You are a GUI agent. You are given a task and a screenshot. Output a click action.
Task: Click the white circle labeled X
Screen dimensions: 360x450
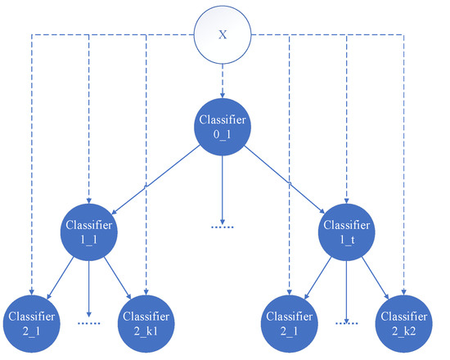coord(223,35)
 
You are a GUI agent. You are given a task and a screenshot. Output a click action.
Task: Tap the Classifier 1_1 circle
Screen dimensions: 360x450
coord(88,232)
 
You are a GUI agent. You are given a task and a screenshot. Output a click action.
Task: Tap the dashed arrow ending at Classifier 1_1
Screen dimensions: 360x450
coord(88,123)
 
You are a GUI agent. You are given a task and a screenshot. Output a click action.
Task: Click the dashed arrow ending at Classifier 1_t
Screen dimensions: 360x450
coord(348,123)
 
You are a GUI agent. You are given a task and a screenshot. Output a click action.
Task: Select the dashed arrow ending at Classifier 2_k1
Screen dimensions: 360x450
coord(146,164)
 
